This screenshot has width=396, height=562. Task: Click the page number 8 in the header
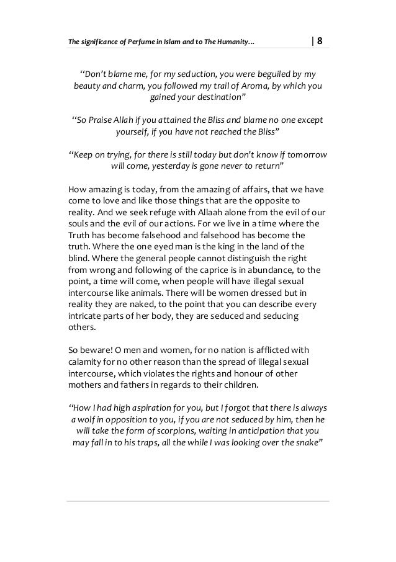point(320,42)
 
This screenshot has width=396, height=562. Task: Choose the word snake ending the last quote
point(307,446)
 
